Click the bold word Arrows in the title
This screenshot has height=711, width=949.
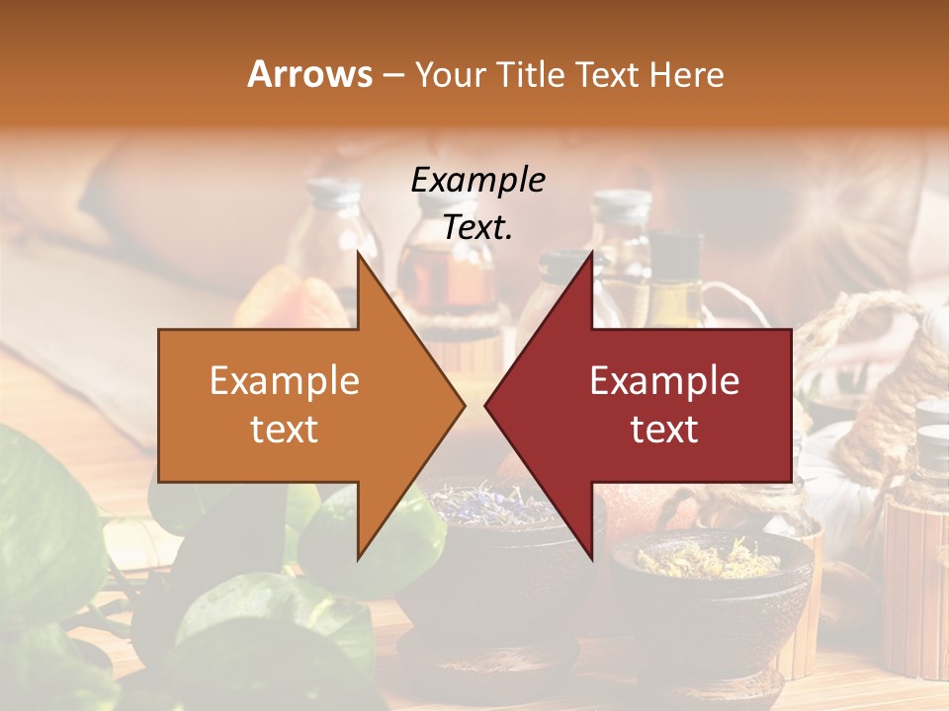point(309,74)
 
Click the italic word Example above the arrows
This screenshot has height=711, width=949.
point(477,180)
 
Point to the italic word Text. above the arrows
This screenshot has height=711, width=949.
point(477,228)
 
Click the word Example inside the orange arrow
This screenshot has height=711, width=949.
point(285,381)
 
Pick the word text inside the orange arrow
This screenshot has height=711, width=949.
point(285,430)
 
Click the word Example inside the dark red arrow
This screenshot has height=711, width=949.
point(664,381)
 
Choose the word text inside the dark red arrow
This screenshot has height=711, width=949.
point(664,430)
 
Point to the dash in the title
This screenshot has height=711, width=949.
point(392,74)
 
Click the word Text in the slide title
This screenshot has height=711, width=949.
point(608,74)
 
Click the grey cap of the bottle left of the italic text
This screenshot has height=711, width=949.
point(333,194)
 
